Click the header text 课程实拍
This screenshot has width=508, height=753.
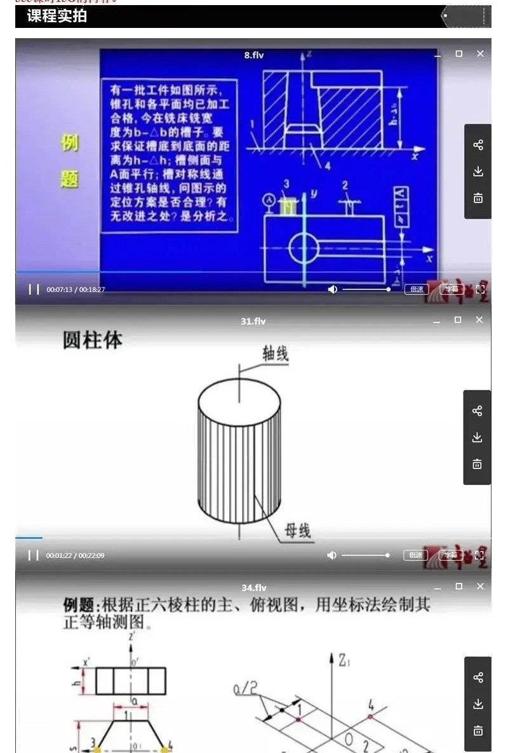tap(57, 17)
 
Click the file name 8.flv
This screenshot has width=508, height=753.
tap(253, 55)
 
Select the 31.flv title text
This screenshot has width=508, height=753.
tap(253, 321)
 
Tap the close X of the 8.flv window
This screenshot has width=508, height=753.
tap(480, 54)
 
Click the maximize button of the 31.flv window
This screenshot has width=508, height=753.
tap(458, 320)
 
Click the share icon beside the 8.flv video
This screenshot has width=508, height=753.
tap(478, 145)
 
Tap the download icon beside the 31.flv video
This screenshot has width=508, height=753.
tap(478, 437)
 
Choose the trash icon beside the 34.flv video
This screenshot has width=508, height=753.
tap(478, 730)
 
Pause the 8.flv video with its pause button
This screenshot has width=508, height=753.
tap(34, 290)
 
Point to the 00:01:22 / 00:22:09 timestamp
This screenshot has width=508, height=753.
tap(75, 556)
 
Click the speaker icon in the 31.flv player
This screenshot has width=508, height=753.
tap(331, 556)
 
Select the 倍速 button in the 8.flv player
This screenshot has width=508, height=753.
tap(416, 289)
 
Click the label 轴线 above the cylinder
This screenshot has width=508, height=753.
tap(276, 354)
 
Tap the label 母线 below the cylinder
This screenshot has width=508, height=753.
tap(297, 531)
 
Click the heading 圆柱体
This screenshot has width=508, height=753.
tap(92, 340)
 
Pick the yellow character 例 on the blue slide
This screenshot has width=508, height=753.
tap(69, 143)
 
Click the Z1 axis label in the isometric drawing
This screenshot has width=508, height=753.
tap(344, 662)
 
